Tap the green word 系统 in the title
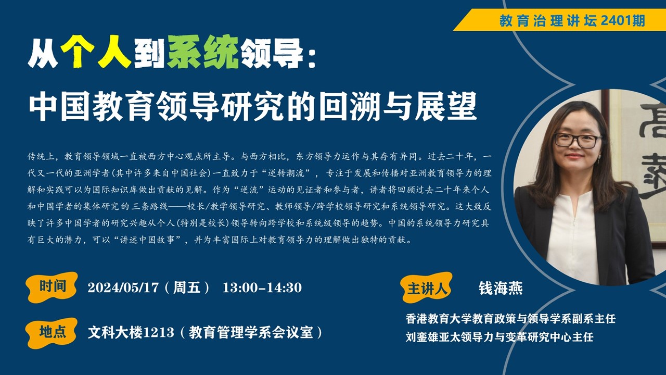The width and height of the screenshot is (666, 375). point(203,52)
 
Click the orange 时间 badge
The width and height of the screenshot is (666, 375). point(52,287)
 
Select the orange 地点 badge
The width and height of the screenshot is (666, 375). point(52,333)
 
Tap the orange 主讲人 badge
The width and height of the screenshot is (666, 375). point(427,288)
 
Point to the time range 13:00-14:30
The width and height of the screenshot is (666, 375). point(262,287)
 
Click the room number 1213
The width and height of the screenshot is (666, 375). point(159,333)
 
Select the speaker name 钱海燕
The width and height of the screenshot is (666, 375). point(501,288)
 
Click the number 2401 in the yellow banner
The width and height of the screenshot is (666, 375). point(616,20)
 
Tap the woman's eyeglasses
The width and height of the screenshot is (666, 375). point(578,141)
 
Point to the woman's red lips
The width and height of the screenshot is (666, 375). point(574,156)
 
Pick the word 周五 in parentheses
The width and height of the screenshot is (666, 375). point(187,287)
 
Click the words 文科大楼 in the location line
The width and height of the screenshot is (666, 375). point(115,333)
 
